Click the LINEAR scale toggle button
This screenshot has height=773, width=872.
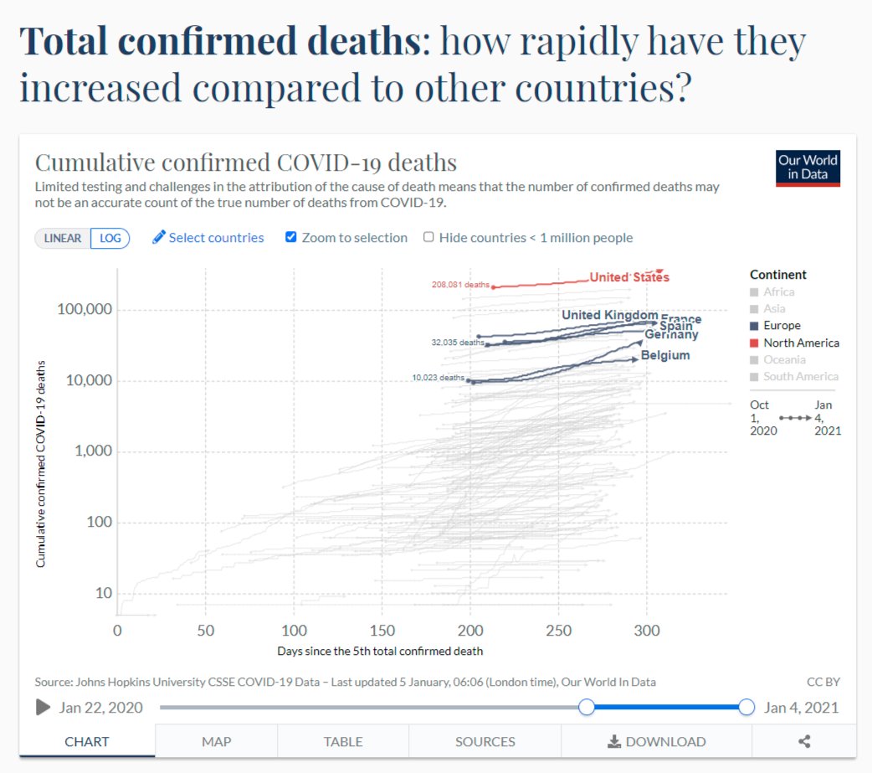tap(63, 238)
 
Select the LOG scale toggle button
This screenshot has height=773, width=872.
tap(110, 238)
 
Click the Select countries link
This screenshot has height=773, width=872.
tap(208, 238)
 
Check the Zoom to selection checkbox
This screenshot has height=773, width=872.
tap(291, 237)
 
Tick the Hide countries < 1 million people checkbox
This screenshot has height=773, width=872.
tap(428, 237)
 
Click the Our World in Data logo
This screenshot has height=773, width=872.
tap(807, 167)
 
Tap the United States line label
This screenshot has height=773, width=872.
tap(628, 277)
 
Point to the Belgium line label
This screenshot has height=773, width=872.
tap(665, 355)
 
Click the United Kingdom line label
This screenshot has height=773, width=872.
tap(609, 315)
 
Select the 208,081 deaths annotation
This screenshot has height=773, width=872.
tap(460, 285)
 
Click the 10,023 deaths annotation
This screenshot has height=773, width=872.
tap(438, 378)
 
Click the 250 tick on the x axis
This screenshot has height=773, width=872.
tap(559, 630)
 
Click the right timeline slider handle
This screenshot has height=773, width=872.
tap(746, 708)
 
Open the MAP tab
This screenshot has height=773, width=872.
tap(216, 741)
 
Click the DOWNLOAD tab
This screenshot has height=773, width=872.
tap(656, 741)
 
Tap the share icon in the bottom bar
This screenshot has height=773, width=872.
tap(804, 741)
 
